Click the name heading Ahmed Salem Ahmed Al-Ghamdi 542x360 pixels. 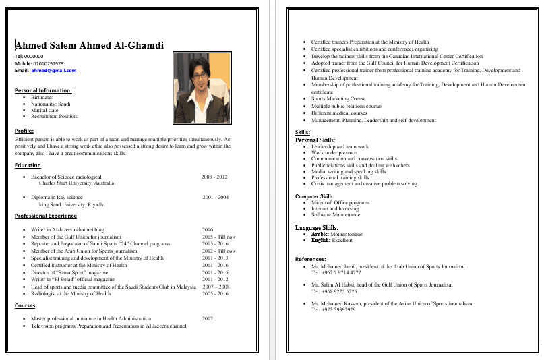click(90, 45)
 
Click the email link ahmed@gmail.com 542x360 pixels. click(53, 71)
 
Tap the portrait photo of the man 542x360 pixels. click(202, 88)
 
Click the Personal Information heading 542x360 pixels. click(43, 90)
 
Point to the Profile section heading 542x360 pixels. click(24, 131)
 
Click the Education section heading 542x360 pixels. click(28, 165)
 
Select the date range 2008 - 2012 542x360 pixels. click(214, 177)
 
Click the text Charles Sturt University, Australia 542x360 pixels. click(76, 183)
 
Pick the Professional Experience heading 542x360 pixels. click(46, 216)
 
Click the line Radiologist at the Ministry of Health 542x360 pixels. click(71, 294)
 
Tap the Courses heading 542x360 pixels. click(25, 305)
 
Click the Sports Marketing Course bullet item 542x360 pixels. click(338, 99)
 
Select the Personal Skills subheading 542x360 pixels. click(315, 140)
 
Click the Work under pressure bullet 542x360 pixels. click(334, 153)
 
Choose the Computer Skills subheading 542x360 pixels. click(314, 196)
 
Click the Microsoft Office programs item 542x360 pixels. click(340, 202)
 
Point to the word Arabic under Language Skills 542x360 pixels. click(320, 234)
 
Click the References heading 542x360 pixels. click(311, 259)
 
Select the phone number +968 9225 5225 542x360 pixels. click(334, 292)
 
